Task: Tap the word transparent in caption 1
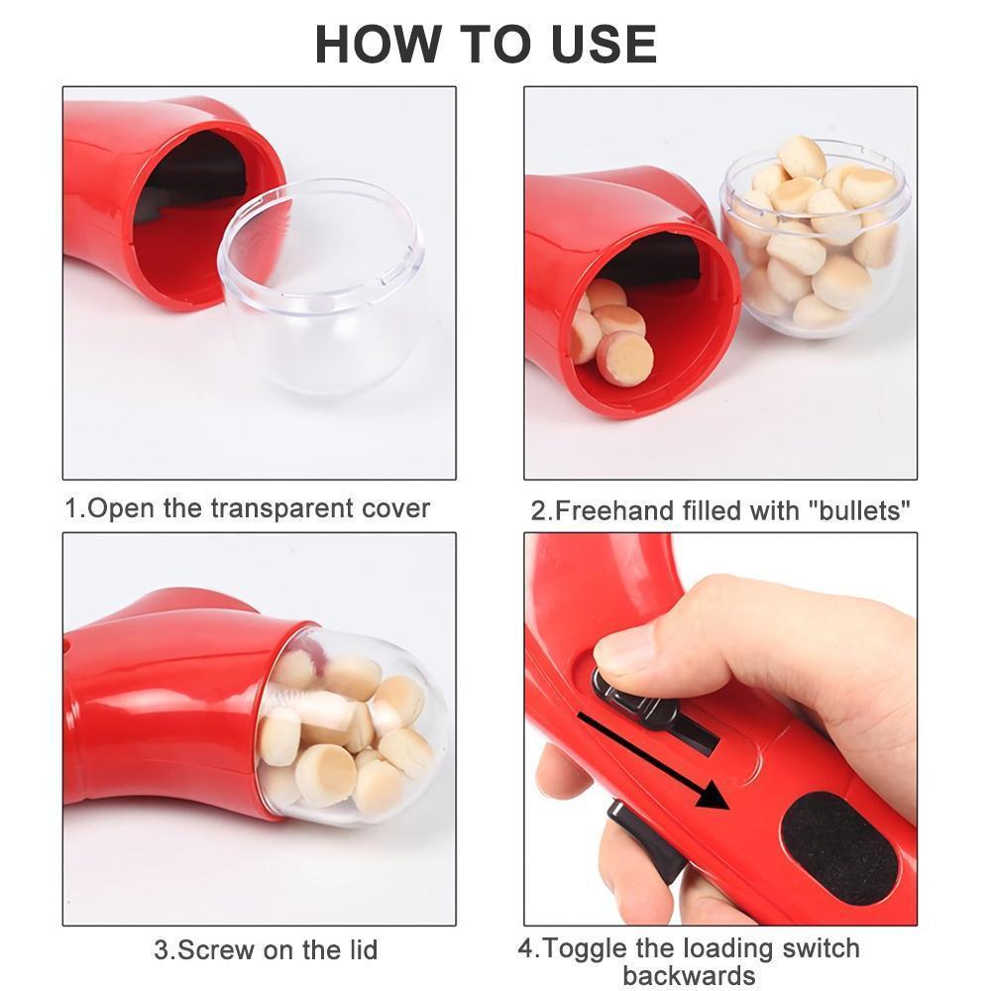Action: coord(287,508)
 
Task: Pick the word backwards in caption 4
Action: coord(689,974)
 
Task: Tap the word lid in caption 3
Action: coord(360,949)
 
